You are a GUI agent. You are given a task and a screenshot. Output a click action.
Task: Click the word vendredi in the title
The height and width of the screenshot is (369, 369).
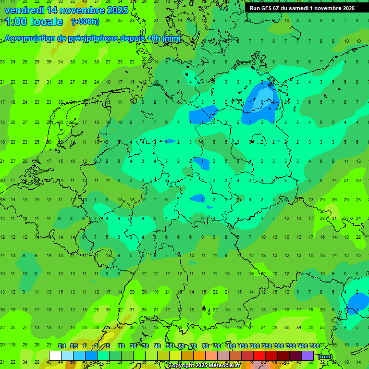(24, 10)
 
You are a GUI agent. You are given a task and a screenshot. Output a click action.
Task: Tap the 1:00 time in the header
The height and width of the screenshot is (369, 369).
(15, 22)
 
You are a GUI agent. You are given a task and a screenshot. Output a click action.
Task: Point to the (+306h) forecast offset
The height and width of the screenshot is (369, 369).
(85, 22)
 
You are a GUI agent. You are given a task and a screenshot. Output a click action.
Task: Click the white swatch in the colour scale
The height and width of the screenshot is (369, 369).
(55, 356)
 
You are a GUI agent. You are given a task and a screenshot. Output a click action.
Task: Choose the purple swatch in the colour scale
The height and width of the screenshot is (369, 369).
(307, 356)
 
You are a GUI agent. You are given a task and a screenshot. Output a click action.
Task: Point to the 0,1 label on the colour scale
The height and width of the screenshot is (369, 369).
(62, 346)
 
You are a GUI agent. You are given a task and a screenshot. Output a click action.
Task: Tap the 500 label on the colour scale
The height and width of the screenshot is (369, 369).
(315, 346)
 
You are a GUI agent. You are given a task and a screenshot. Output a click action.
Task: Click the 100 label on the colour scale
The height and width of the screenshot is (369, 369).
(231, 346)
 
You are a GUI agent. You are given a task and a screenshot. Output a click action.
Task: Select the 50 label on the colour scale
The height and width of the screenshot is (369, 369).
(170, 346)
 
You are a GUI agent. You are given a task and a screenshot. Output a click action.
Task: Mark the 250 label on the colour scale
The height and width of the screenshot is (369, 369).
(267, 346)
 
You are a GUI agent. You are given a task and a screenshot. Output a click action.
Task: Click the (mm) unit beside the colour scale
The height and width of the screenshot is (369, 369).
(325, 357)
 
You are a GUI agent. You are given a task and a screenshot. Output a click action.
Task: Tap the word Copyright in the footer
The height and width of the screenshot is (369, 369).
(181, 366)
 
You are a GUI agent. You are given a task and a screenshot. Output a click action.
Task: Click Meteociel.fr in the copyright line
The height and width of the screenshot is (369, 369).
(226, 366)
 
